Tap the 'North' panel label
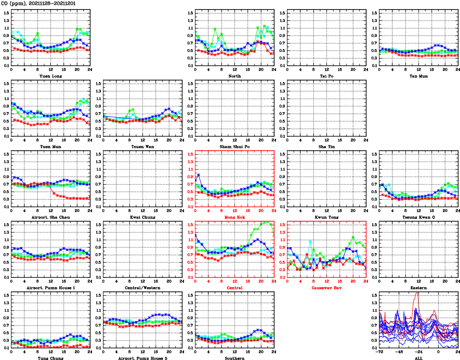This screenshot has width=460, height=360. (x=234, y=76)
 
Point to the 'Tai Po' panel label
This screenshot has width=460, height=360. (x=327, y=76)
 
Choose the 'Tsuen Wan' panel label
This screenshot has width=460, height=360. (x=143, y=146)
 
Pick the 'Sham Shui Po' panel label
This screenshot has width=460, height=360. (x=234, y=146)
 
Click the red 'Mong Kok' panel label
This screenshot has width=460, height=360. (x=234, y=217)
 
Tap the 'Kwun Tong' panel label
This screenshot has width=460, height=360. (x=327, y=217)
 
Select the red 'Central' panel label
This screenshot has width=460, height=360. (x=234, y=288)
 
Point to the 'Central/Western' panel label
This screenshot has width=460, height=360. (x=143, y=288)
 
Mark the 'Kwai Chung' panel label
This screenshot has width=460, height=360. (x=143, y=217)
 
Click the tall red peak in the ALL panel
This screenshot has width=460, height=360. (x=417, y=292)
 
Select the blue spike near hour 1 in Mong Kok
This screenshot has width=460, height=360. (x=199, y=175)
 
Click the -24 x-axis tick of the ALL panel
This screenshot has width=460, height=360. (x=419, y=352)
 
